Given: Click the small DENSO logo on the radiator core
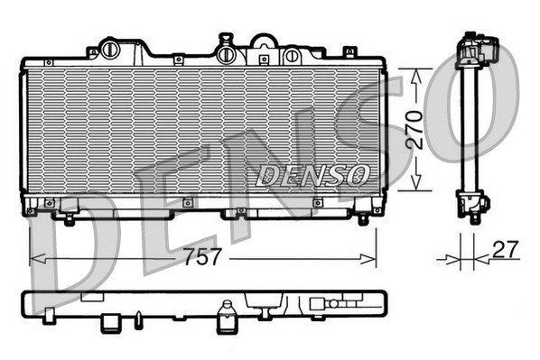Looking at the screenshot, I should (x=312, y=173).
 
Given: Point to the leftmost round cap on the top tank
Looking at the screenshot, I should (x=110, y=48).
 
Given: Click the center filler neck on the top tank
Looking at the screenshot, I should (x=226, y=51).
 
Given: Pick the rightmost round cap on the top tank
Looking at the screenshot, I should (x=292, y=55).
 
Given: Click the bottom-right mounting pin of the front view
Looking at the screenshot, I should (x=363, y=219).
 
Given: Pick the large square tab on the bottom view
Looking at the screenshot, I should (x=110, y=320).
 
